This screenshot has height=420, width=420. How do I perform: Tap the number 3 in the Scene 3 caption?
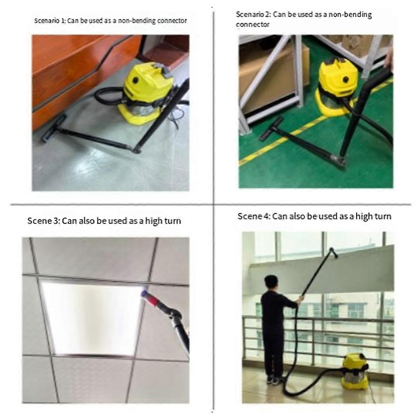[55, 221]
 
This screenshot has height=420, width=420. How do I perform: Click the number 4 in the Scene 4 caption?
[265, 216]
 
